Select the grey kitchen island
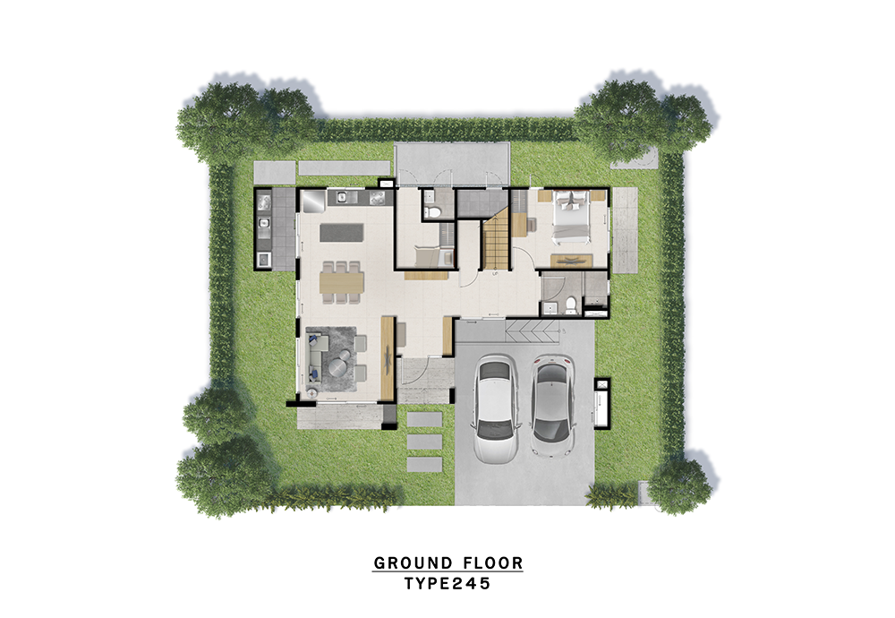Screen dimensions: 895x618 click(x=341, y=233)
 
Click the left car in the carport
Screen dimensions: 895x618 click(x=496, y=408)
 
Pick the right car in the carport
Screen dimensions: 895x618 click(x=552, y=406)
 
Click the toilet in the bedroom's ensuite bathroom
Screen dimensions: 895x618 click(x=569, y=305)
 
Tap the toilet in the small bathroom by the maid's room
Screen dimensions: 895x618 click(x=433, y=212)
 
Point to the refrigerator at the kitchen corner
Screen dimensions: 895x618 click(x=313, y=200)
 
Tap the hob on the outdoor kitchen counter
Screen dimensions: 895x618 click(x=264, y=201)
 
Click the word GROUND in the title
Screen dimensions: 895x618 click(x=405, y=563)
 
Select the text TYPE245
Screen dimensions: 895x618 click(x=448, y=584)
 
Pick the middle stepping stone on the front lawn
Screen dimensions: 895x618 click(x=424, y=442)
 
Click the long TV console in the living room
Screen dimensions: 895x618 click(x=388, y=358)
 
